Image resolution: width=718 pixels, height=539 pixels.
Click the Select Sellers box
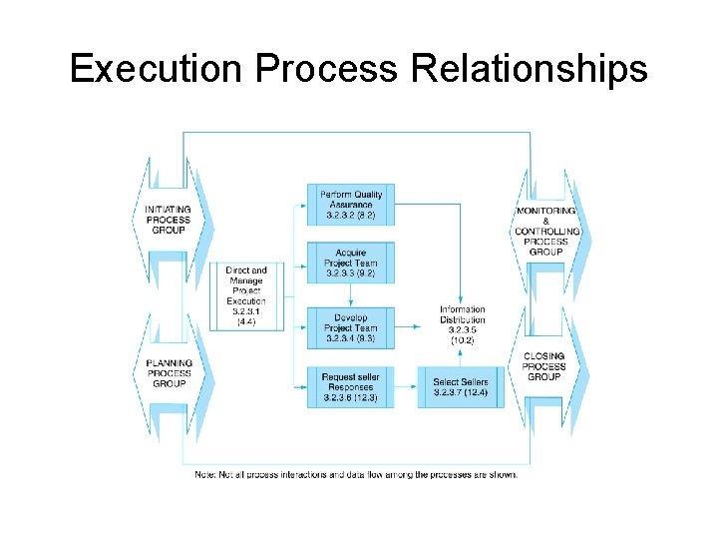(x=461, y=387)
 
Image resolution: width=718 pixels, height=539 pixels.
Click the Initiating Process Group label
(x=171, y=221)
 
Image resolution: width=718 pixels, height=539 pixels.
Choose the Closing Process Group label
(x=543, y=366)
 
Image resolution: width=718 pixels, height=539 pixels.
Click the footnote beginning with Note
(x=356, y=474)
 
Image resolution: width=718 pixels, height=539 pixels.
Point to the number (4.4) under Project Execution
(x=245, y=321)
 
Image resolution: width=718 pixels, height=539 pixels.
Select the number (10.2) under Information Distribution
(x=462, y=340)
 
